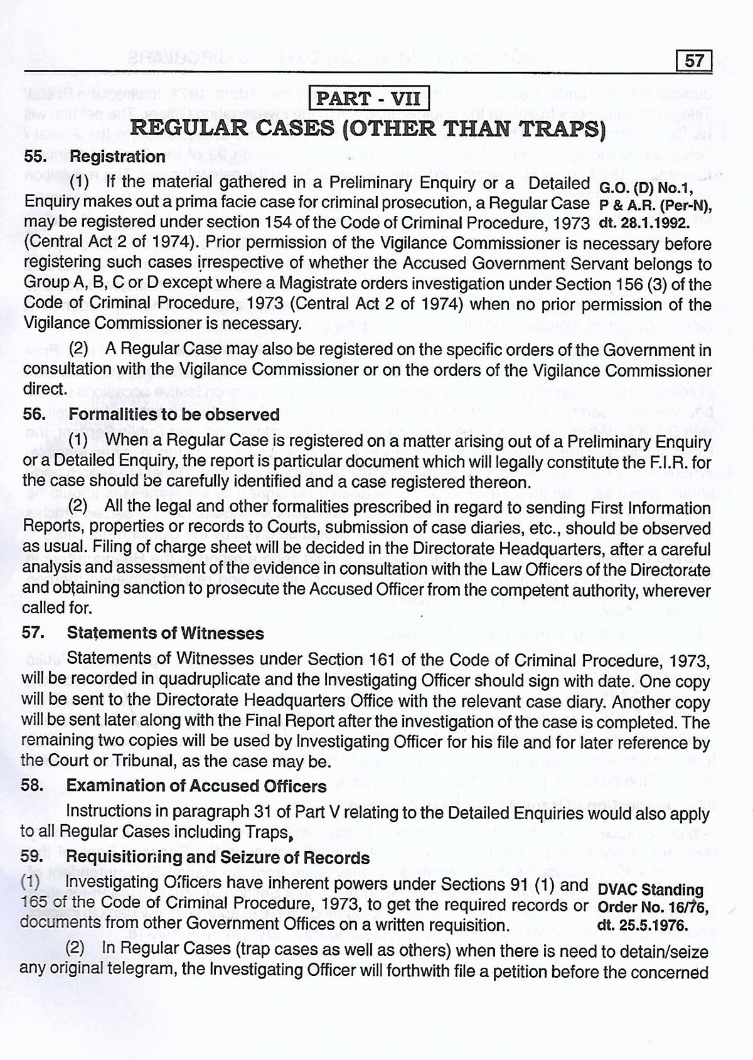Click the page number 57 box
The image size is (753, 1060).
[695, 61]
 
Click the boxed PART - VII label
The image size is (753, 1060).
[369, 99]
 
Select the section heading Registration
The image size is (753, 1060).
[117, 156]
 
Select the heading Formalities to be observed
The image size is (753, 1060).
[174, 414]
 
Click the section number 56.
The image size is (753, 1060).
[34, 414]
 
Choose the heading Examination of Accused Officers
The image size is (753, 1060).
[196, 786]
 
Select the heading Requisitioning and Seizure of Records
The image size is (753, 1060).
[218, 857]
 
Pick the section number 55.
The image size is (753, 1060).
[35, 156]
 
